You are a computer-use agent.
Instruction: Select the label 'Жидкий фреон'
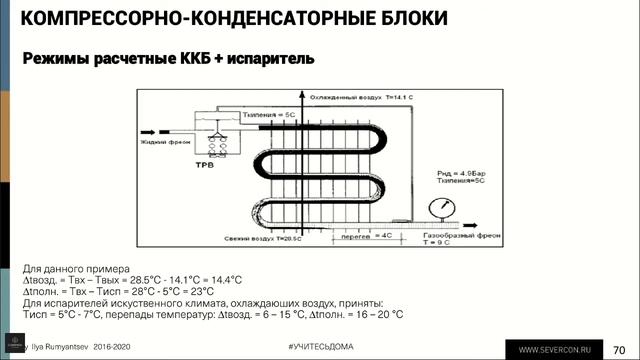tap(159, 141)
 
